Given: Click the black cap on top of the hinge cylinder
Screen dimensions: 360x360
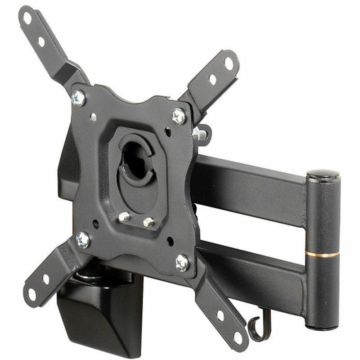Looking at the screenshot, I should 323,173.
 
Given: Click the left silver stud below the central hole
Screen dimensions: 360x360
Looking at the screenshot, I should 125,217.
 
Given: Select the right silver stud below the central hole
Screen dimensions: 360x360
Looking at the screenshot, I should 148,222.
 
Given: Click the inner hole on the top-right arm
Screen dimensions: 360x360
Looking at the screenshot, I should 212,80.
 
